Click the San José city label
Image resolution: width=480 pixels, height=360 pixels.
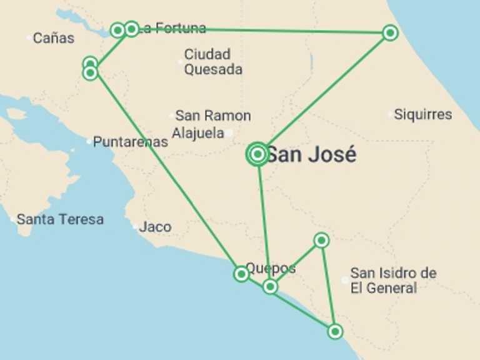click(311, 154)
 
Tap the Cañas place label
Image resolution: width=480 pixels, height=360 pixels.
click(53, 38)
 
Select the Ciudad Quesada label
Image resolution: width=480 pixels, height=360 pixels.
click(212, 62)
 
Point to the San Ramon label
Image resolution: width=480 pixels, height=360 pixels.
click(212, 116)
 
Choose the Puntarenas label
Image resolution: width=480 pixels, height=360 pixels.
click(130, 142)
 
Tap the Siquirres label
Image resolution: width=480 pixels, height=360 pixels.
click(422, 114)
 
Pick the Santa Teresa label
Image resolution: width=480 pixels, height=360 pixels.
click(60, 219)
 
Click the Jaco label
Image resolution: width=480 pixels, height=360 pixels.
click(155, 227)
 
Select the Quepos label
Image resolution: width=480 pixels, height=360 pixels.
click(270, 268)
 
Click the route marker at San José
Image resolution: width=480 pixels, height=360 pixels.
click(257, 154)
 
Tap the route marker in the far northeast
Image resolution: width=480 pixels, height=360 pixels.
click(390, 32)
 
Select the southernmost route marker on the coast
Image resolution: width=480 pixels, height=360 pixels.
click(335, 331)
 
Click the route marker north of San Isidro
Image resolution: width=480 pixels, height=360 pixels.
click(321, 240)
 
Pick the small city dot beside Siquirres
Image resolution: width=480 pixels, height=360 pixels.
click(391, 114)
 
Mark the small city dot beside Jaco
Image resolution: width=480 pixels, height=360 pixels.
click(136, 226)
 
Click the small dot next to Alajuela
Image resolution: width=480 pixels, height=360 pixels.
click(229, 132)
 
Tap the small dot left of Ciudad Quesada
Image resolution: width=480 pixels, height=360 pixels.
click(181, 61)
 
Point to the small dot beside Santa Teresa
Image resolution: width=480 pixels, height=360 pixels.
click(13, 219)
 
